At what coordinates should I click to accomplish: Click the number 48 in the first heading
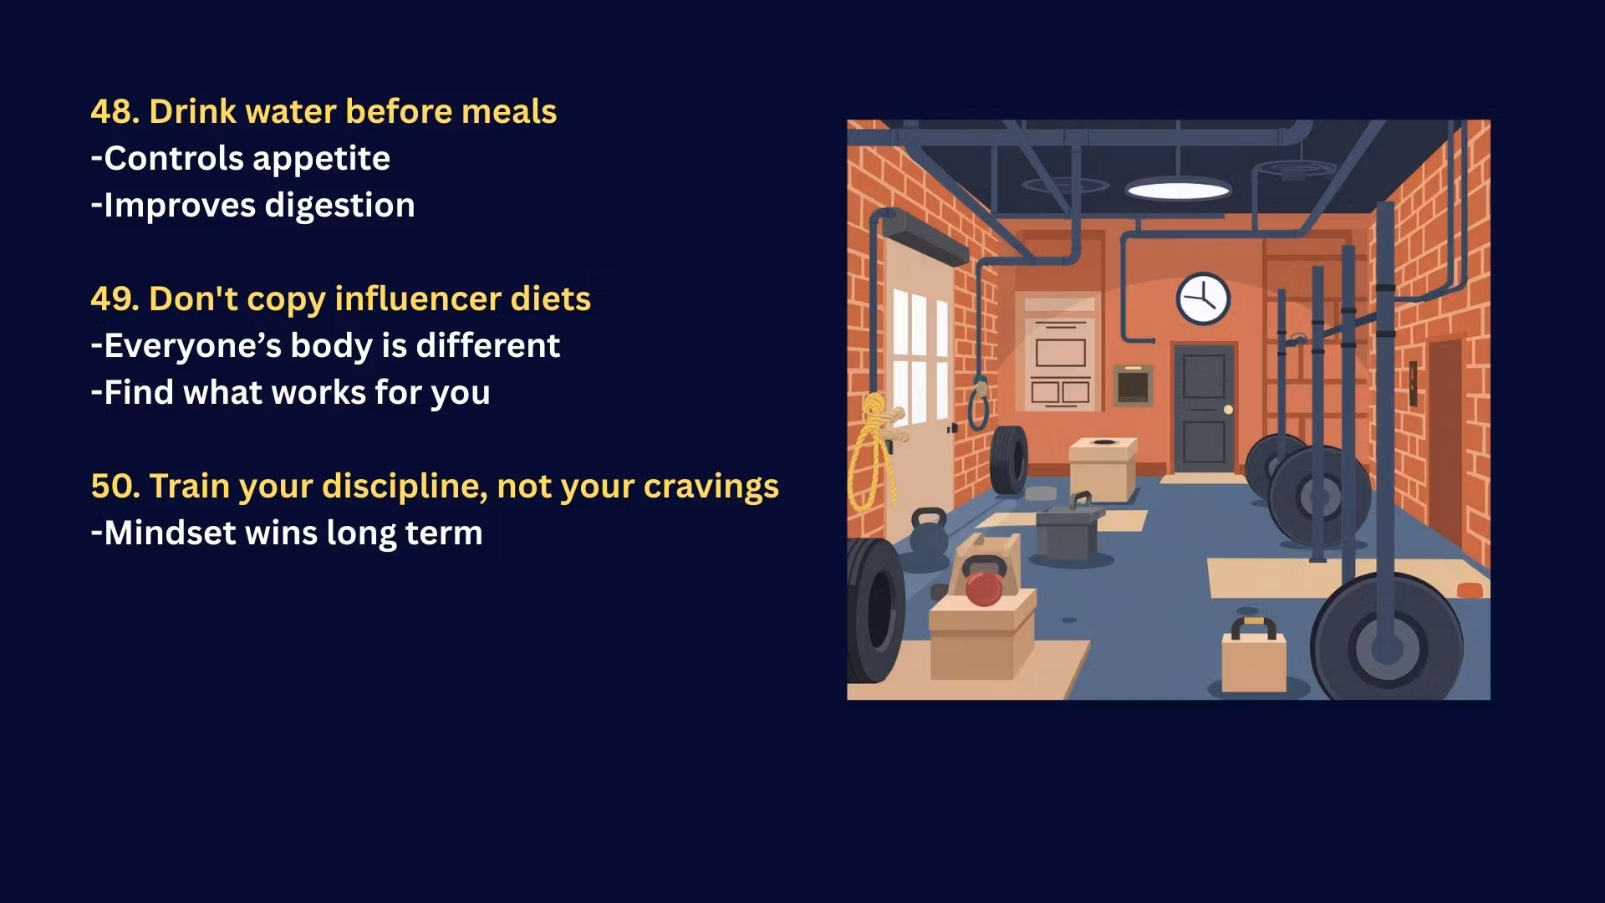coord(115,111)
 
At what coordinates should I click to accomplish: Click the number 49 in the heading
coord(115,298)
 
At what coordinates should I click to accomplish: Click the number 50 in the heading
coord(115,486)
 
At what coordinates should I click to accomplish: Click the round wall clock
coord(1204,298)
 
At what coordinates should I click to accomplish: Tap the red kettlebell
coord(983,582)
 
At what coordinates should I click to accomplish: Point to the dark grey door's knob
coord(1228,409)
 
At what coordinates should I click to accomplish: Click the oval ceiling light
coord(1178,190)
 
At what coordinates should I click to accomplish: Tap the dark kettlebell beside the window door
coord(928,532)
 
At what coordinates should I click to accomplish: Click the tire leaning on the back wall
coord(1009,459)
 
